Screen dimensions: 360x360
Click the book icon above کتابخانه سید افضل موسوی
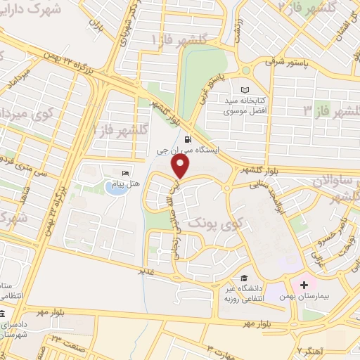[245, 90]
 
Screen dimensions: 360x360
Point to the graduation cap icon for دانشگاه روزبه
[243, 278]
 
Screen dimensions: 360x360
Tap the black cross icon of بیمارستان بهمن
[304, 285]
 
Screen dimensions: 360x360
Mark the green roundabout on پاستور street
[245, 70]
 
